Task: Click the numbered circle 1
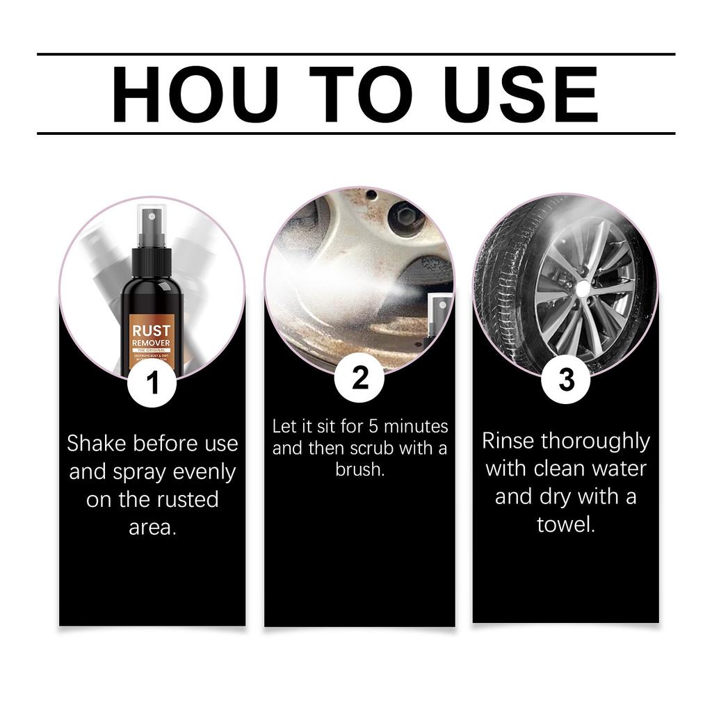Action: pos(152,383)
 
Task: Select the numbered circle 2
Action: pos(359,379)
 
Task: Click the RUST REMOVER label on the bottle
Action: pos(152,337)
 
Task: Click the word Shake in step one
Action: pos(97,443)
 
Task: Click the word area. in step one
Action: pos(152,527)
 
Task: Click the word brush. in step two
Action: pos(359,469)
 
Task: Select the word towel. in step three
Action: pos(566,524)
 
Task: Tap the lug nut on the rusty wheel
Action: pos(406,218)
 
